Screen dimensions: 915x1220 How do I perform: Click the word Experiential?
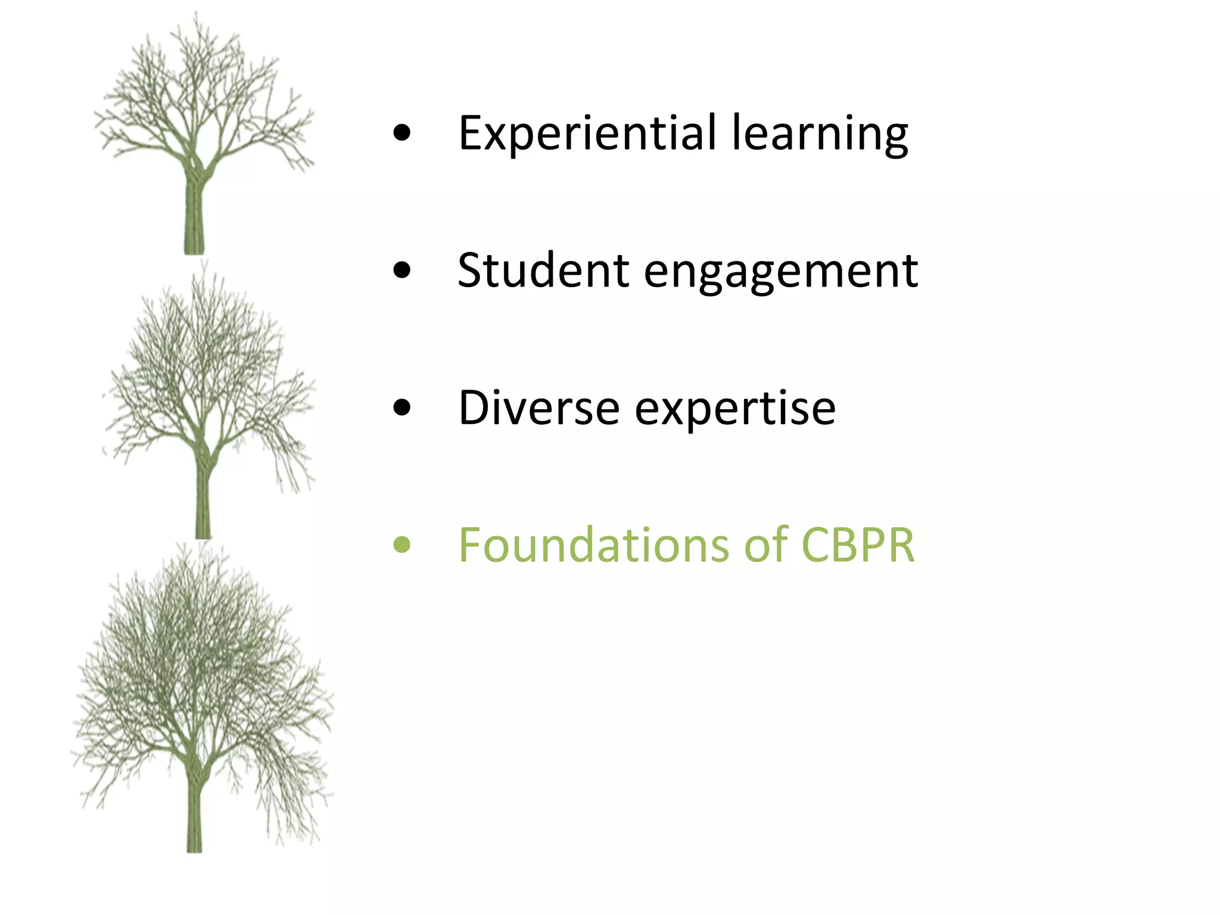(587, 133)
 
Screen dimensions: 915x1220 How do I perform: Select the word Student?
(543, 271)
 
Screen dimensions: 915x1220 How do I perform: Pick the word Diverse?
(539, 409)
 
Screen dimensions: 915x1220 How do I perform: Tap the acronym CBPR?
(857, 545)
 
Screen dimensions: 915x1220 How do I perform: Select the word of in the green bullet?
(764, 545)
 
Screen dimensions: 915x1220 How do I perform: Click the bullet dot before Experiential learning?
(402, 134)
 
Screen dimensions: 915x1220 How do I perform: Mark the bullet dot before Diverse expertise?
(402, 409)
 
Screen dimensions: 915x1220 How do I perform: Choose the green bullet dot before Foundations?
(402, 545)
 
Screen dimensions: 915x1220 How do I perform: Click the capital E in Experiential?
(470, 133)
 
